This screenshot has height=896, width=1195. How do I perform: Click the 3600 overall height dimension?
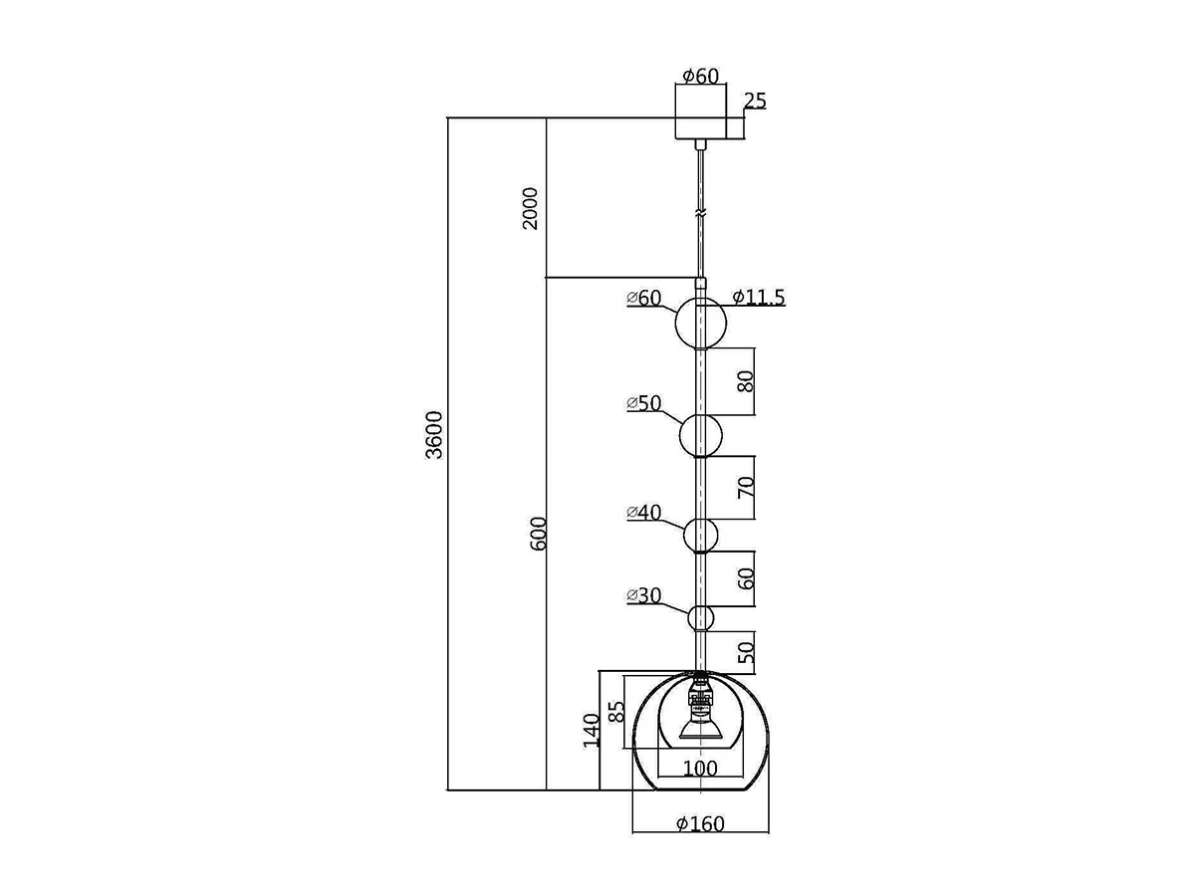click(x=434, y=435)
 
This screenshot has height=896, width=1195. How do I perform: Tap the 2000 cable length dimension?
click(x=532, y=207)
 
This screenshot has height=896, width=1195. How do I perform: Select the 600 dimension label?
click(x=539, y=536)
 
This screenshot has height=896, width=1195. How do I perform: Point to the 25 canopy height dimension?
click(x=755, y=101)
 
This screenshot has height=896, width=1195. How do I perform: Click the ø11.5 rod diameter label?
click(x=759, y=298)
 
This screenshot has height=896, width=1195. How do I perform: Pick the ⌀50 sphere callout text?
click(x=644, y=403)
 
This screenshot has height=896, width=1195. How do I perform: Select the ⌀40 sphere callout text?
click(x=644, y=513)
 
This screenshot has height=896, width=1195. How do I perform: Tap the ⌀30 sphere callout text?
click(x=644, y=595)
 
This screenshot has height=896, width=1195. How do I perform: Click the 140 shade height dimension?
click(x=592, y=730)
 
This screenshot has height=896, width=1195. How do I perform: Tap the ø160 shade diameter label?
click(x=700, y=824)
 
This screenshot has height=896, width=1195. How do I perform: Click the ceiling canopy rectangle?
click(x=702, y=112)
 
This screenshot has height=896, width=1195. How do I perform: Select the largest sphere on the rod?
click(x=701, y=324)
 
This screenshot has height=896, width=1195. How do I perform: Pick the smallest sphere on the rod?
click(x=701, y=617)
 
